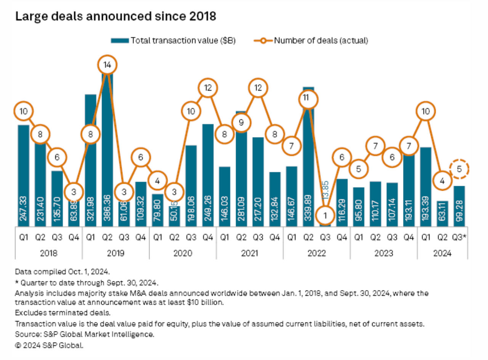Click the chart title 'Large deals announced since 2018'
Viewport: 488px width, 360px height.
tap(115, 17)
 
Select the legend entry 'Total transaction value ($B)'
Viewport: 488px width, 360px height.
tap(173, 40)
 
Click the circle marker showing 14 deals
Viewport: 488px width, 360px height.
tap(108, 65)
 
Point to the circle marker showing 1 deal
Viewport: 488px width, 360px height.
tap(325, 215)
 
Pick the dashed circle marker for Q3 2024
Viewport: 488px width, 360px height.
tap(459, 169)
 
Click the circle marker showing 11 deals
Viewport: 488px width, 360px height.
tap(308, 99)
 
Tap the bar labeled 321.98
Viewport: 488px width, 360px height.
tap(91, 160)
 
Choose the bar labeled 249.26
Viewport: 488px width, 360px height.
tap(208, 175)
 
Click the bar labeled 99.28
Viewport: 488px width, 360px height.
tap(459, 206)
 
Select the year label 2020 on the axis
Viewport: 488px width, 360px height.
tap(183, 253)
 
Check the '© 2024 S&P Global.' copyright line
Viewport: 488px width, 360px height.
tap(49, 346)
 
